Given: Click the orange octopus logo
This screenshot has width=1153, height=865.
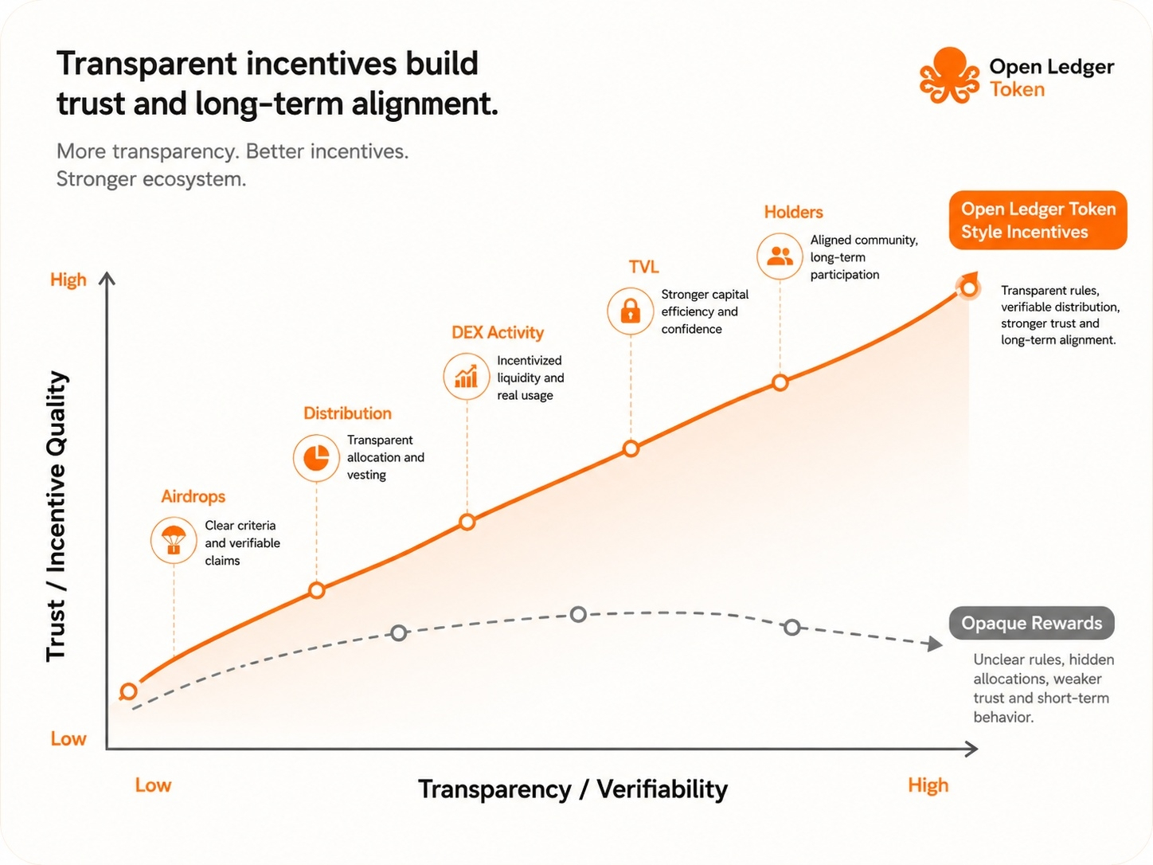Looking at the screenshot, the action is (949, 76).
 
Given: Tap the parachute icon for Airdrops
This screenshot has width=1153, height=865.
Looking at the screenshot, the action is (174, 541).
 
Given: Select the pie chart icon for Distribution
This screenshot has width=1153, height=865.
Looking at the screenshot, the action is (316, 457).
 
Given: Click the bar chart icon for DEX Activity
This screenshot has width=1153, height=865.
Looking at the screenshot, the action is (467, 377).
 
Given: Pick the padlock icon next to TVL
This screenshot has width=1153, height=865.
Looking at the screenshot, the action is (631, 311).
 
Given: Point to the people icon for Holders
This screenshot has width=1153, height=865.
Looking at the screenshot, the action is (780, 256).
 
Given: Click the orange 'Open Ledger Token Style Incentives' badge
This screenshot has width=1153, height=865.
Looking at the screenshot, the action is (1038, 220).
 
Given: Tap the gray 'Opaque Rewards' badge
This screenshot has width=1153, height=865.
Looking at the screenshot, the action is (1032, 623).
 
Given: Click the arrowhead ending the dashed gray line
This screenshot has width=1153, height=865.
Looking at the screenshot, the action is (935, 644).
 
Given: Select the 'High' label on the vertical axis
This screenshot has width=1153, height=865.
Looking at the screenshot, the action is (68, 280).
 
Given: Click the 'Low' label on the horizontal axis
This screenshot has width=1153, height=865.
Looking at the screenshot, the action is (154, 785).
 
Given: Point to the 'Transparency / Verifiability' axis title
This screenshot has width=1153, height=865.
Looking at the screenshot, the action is (573, 789).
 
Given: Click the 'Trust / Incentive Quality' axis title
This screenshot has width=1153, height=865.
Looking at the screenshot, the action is (56, 516).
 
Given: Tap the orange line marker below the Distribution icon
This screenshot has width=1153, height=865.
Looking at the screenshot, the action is (317, 590).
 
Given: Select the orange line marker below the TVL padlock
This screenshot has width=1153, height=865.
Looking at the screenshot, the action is (631, 448).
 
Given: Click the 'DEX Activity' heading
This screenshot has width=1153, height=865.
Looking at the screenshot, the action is (498, 332).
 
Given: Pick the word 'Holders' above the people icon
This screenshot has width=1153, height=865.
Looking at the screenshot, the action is (794, 212).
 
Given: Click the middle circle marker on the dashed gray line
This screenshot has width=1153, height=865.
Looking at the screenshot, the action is (578, 614).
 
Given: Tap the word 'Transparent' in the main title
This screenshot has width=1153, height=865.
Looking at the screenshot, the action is (147, 65).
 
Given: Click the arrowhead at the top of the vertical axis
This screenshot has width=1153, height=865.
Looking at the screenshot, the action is (107, 278).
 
